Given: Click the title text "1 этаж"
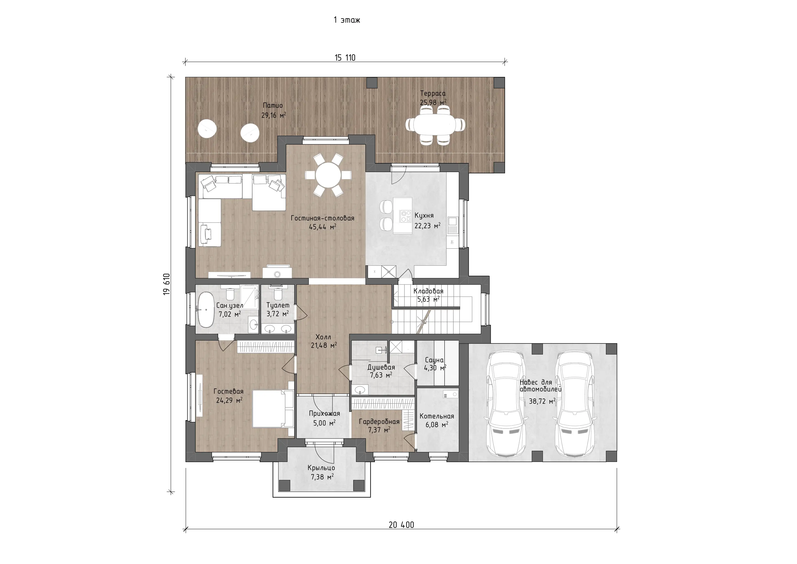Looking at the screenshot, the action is (347, 20).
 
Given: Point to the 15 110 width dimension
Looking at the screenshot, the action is (345, 58).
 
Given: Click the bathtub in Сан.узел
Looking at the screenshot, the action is (206, 310).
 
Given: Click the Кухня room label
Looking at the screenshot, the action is (424, 216).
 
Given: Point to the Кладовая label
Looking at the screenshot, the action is (428, 291).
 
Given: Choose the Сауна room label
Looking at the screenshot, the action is (434, 360).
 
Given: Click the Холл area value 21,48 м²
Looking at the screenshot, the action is (324, 346).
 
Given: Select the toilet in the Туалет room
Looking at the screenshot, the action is (278, 294).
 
